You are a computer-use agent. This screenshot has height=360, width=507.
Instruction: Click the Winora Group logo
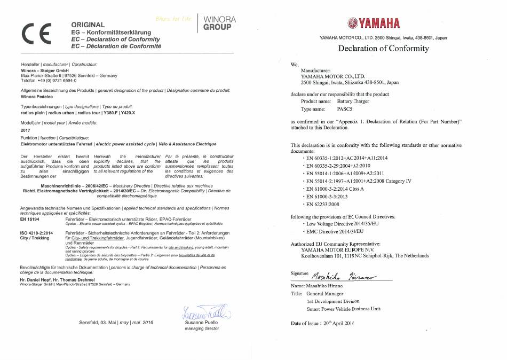tap(219, 23)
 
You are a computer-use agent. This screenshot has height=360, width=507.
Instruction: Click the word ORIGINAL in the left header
tap(88, 25)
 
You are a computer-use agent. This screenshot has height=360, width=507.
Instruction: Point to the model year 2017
tap(25, 130)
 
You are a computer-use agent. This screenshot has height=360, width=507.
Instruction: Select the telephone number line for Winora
tap(48, 81)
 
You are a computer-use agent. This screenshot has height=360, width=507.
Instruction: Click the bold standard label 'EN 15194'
tap(30, 220)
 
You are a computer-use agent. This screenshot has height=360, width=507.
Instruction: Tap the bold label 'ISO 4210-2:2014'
tap(36, 233)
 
